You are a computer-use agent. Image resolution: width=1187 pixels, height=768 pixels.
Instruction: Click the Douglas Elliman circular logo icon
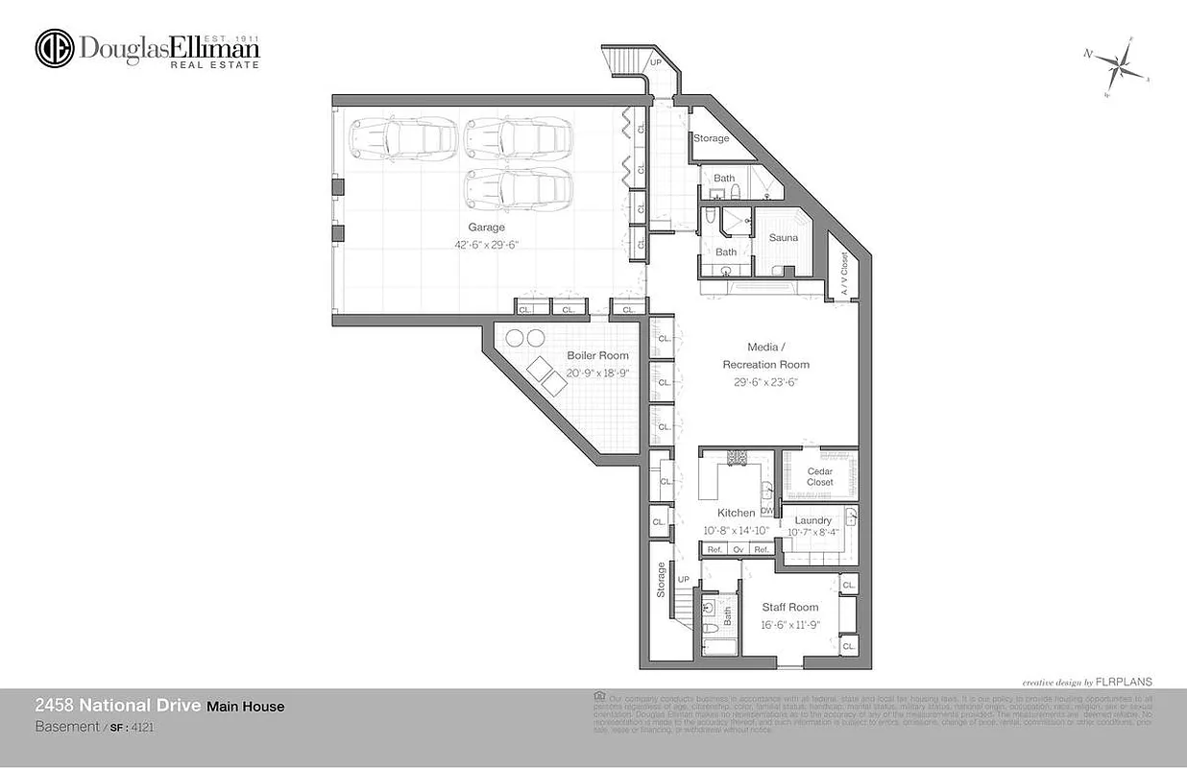pos(55,49)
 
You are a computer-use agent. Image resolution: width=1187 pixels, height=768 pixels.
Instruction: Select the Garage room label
pos(486,228)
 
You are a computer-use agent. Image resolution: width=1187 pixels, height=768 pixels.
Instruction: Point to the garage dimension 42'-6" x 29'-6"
pos(486,245)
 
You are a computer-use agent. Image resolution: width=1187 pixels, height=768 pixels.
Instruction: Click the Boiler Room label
pos(597,355)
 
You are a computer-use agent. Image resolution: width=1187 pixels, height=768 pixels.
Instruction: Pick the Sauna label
pos(784,237)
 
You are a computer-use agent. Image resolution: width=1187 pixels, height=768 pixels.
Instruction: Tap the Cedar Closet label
pos(819,476)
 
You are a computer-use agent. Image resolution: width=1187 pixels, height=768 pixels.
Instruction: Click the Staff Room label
pos(790,607)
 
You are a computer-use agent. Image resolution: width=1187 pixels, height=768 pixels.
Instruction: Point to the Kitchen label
pos(737,513)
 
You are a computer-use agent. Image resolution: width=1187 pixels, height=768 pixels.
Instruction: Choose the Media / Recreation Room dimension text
pos(765,381)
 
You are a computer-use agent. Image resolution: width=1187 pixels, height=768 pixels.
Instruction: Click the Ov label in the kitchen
pos(738,549)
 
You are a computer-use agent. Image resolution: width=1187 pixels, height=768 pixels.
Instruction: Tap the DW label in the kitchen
pos(766,511)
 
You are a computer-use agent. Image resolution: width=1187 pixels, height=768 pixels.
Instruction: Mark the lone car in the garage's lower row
pos(519,188)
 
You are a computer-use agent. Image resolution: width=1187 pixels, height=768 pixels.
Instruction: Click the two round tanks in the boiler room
pos(524,338)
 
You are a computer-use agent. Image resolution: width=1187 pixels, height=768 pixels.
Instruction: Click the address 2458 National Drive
pos(117,706)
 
